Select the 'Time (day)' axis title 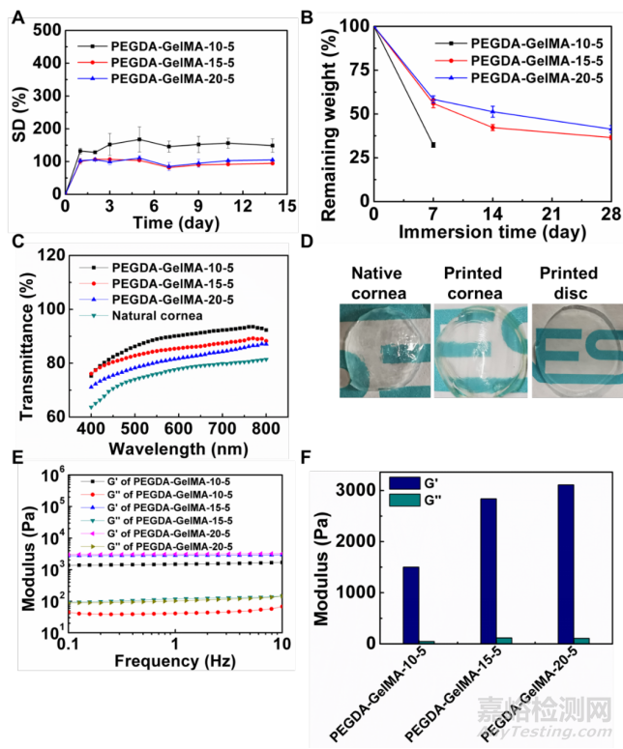point(159,221)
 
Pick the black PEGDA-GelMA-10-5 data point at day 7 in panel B point(432,145)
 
